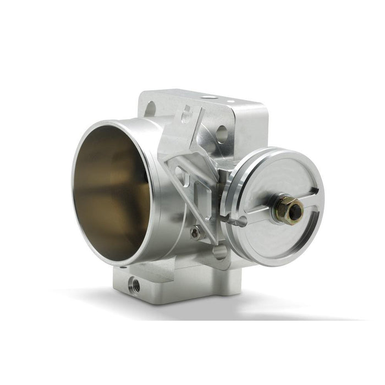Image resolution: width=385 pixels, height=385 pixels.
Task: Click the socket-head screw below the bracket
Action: tap(195, 233)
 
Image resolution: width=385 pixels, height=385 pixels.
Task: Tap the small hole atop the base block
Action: tap(122, 267)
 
